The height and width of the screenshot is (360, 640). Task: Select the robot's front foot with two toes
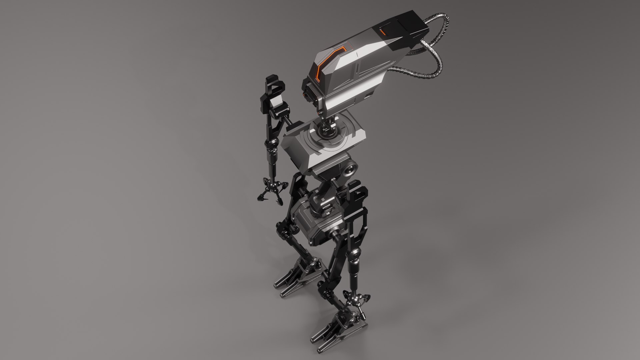point(337,337)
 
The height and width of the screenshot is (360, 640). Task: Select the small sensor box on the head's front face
point(308,92)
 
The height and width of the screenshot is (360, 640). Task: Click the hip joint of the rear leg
point(283,230)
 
